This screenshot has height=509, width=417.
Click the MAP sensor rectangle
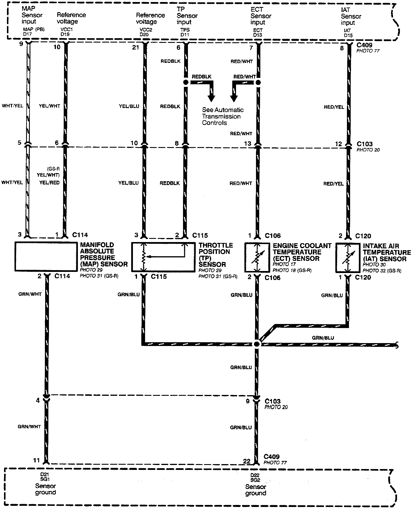point(46,257)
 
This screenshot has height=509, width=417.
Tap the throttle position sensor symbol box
point(163,257)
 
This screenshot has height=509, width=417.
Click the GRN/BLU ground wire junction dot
point(257,344)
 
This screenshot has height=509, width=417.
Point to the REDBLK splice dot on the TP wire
point(186,83)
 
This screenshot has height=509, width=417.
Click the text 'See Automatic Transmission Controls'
point(222,116)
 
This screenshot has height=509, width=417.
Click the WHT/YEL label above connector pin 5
point(12,106)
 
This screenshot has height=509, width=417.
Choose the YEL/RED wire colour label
point(49,183)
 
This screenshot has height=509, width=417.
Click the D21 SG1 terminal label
point(44,477)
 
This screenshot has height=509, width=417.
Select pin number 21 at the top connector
point(136,47)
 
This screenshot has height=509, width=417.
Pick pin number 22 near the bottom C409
point(247,462)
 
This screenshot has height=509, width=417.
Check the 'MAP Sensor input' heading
point(32,15)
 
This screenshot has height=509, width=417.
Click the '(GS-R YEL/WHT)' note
point(48,172)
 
